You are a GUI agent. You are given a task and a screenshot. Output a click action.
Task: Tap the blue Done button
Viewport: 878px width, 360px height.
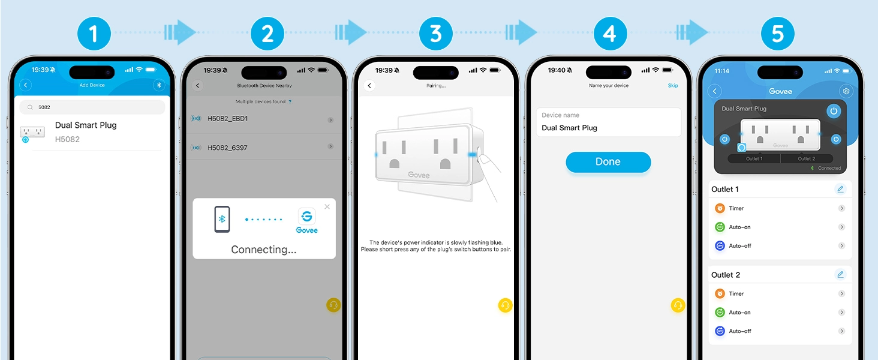(x=608, y=162)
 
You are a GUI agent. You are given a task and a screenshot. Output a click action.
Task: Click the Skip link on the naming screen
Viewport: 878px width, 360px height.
(x=673, y=85)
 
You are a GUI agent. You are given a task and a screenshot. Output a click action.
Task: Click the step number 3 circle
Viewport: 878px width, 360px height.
(x=436, y=34)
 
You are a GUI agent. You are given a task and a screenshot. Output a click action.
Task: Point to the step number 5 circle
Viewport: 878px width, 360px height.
(x=778, y=34)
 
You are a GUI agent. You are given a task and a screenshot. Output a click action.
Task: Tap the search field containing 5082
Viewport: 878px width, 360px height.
(x=92, y=107)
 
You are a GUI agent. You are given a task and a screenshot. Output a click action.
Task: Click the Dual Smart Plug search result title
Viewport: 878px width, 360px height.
(x=86, y=125)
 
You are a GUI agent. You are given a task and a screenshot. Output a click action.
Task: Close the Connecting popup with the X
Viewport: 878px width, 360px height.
(x=327, y=206)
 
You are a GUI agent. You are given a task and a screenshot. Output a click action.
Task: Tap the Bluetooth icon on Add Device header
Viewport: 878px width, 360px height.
(x=159, y=85)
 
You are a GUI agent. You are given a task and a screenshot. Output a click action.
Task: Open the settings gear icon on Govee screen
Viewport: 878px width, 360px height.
(x=846, y=91)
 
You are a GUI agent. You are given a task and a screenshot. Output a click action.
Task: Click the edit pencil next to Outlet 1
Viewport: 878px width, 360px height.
(x=840, y=190)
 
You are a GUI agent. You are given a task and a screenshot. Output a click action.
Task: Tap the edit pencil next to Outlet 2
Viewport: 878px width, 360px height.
(x=840, y=275)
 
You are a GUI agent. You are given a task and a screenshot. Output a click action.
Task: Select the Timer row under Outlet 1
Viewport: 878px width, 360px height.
(x=780, y=208)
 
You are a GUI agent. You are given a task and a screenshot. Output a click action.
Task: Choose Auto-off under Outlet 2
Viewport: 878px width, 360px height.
(x=780, y=331)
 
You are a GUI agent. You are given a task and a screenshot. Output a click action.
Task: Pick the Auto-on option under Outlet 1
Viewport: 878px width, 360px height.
(x=780, y=227)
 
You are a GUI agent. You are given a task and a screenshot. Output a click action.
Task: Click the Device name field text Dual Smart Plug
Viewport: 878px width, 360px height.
(x=569, y=128)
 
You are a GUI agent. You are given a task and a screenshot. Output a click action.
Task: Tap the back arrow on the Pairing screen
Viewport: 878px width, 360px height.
(x=369, y=85)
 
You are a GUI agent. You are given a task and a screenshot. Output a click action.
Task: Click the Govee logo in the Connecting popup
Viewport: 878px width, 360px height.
(x=306, y=221)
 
